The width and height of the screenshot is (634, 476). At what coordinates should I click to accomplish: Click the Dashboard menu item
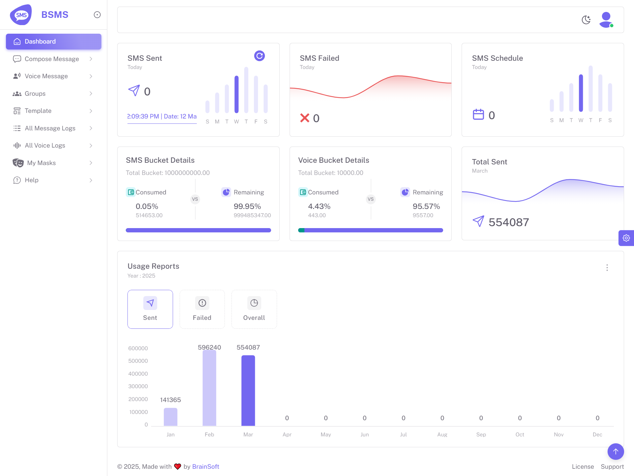[53, 42]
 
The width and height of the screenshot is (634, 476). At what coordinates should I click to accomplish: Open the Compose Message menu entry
[52, 59]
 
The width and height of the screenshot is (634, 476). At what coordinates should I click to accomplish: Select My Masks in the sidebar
[41, 163]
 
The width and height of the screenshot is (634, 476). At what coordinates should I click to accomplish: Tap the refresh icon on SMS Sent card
[260, 56]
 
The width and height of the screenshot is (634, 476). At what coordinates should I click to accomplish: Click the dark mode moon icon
[586, 20]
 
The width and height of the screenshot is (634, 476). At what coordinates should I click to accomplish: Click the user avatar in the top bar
[606, 20]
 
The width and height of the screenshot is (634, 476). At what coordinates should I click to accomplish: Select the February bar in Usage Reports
[209, 388]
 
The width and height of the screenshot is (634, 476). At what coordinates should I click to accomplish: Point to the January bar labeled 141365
[170, 417]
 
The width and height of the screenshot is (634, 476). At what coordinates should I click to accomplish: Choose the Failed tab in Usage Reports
[202, 309]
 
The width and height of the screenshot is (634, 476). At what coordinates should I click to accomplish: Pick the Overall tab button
[254, 309]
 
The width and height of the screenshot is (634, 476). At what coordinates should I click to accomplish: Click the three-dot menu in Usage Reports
[607, 268]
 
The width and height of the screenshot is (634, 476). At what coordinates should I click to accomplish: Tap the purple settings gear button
[626, 238]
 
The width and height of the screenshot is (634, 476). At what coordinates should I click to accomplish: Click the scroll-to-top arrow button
[616, 452]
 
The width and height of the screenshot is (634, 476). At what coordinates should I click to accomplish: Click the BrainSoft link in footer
[205, 467]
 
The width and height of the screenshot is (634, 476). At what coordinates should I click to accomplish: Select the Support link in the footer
[612, 467]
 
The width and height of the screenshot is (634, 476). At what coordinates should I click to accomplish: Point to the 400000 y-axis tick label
[138, 374]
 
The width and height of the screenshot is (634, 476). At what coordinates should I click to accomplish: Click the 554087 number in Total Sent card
[509, 222]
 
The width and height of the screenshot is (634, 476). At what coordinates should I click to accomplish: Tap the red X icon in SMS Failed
[304, 118]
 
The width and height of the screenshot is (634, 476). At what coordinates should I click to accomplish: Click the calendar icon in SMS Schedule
[478, 115]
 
